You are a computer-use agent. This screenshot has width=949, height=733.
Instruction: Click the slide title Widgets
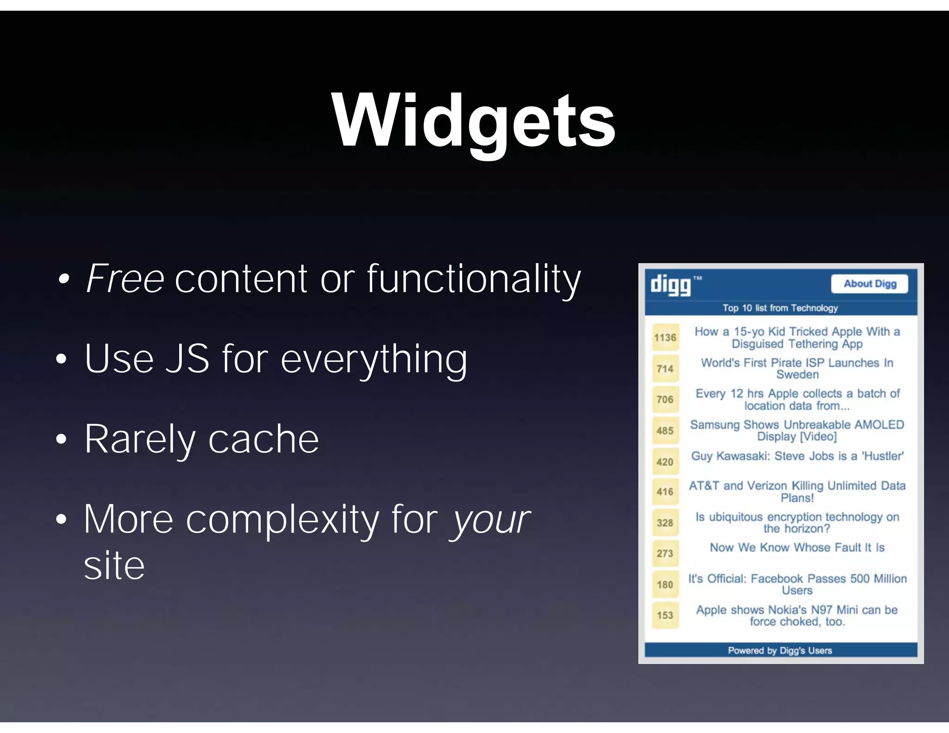pos(474,121)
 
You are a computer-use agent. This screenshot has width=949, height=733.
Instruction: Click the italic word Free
pos(125,279)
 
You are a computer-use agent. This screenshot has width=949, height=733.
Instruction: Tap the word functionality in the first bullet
pos(474,279)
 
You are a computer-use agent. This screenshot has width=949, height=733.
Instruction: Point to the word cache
pos(263,439)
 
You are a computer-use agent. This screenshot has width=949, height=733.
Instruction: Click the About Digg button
pos(869,284)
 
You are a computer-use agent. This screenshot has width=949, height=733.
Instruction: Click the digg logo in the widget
pos(671,284)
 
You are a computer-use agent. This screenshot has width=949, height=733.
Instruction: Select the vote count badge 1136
pos(665,337)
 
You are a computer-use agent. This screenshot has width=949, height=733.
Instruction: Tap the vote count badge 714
pos(665,369)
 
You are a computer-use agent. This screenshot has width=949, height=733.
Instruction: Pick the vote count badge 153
pos(665,615)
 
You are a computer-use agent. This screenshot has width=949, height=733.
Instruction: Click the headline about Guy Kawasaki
pos(797,456)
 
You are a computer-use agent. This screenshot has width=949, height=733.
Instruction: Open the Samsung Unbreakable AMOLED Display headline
pos(797,430)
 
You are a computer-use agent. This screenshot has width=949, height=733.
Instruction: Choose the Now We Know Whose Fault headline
pos(797,548)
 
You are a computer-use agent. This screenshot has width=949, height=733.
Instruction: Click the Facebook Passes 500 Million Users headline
pos(797,584)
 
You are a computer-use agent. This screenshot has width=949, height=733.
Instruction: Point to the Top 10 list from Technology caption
pos(780,308)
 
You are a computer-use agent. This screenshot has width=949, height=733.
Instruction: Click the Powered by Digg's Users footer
pos(780,651)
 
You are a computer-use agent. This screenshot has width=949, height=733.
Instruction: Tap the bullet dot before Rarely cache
pos(61,439)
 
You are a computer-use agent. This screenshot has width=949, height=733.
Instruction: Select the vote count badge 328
pos(665,523)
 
